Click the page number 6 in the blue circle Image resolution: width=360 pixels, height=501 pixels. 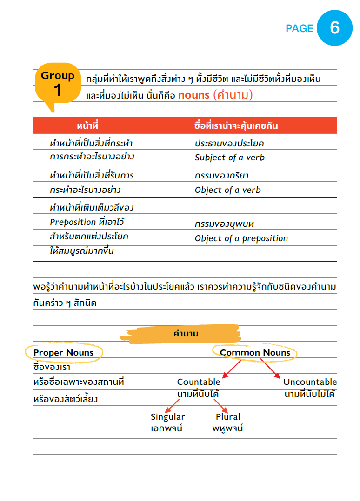pyautogui.click(x=334, y=28)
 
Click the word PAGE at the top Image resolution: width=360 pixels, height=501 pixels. pyautogui.click(x=300, y=29)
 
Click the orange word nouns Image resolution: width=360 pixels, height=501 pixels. pyautogui.click(x=193, y=95)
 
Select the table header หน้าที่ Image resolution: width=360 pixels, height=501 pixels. pyautogui.click(x=87, y=126)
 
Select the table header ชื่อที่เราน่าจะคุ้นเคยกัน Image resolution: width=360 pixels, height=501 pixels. pyautogui.click(x=236, y=126)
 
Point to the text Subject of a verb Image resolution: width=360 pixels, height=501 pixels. pyautogui.click(x=230, y=158)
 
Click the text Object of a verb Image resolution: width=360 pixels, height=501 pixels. pyautogui.click(x=228, y=190)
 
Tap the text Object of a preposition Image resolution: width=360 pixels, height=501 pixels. pyautogui.click(x=241, y=238)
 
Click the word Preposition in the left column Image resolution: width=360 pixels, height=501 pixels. pyautogui.click(x=73, y=222)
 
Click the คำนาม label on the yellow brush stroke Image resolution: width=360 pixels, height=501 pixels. pyautogui.click(x=186, y=334)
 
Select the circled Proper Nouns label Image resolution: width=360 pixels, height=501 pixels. pyautogui.click(x=64, y=353)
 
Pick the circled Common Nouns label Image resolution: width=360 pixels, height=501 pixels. pyautogui.click(x=255, y=353)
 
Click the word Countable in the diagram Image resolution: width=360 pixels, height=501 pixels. pyautogui.click(x=199, y=382)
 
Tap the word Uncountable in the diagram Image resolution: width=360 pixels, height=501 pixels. pyautogui.click(x=310, y=382)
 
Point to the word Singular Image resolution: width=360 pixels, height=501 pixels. pyautogui.click(x=167, y=417)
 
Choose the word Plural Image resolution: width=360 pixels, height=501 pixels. pyautogui.click(x=228, y=417)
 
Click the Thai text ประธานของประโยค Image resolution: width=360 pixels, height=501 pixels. pyautogui.click(x=229, y=144)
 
